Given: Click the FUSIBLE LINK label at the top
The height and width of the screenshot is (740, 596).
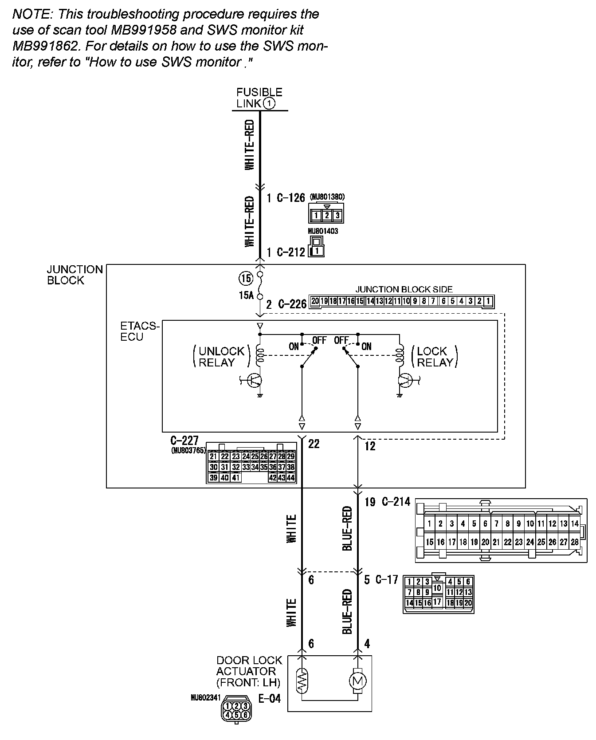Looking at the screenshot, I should click(259, 98).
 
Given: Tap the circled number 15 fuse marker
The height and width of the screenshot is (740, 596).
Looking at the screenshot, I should click(246, 279).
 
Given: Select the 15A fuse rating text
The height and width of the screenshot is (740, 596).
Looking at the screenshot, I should click(246, 295).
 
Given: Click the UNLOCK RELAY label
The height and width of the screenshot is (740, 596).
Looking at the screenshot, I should click(221, 357).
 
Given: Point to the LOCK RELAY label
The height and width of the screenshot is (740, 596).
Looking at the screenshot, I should click(435, 357).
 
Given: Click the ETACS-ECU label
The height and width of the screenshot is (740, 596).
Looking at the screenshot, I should click(139, 331).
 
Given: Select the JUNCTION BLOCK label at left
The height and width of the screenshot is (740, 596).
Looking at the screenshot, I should click(74, 275).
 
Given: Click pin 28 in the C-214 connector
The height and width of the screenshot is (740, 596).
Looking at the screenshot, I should click(575, 542).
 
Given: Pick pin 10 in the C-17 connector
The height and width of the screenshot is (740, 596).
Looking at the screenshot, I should click(437, 588).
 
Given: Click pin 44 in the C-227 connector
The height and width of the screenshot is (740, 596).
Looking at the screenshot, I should click(291, 478).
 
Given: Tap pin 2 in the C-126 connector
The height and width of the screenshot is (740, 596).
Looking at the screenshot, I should click(327, 216).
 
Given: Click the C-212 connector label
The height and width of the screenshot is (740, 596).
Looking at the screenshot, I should click(291, 252).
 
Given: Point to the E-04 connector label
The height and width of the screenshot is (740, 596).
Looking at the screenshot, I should click(269, 699).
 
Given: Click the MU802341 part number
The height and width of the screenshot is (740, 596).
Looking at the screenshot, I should click(205, 698).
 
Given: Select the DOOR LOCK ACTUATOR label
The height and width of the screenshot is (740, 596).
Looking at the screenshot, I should click(249, 671).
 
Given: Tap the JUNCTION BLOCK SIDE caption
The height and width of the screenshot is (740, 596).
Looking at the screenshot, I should click(404, 289).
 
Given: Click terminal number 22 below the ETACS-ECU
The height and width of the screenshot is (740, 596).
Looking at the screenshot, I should click(314, 444).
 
